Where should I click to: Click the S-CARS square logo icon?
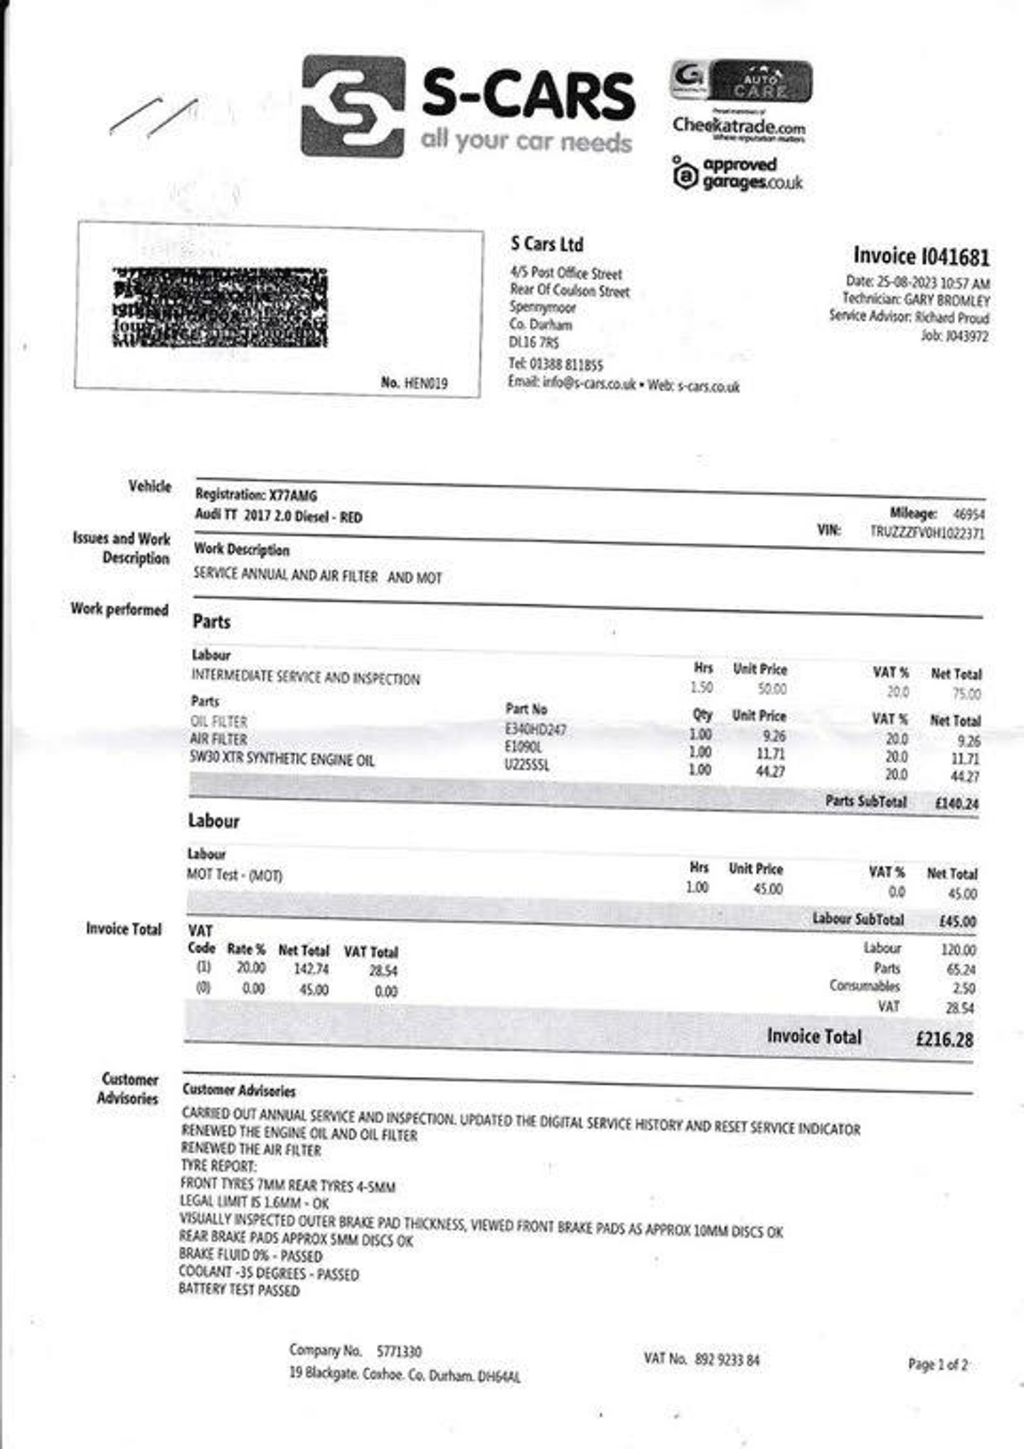pos(353,106)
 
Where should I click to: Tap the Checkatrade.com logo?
pos(739,127)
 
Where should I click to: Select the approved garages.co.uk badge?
pos(737,174)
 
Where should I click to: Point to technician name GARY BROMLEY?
pos(946,300)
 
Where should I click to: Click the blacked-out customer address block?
pos(220,307)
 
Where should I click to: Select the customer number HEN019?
pos(425,383)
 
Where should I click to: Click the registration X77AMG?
pos(293,495)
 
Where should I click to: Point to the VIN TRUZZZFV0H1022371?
pos(927,532)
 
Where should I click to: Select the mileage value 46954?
pos(969,514)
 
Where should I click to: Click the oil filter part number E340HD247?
pos(535,729)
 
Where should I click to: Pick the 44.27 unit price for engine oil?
pos(769,771)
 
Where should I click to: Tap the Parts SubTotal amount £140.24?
pos(956,804)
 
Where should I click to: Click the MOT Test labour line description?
pos(235,875)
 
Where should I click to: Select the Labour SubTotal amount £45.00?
pos(957,921)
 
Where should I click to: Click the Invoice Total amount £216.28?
pos(944,1039)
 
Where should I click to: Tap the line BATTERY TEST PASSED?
pos(239,1290)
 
